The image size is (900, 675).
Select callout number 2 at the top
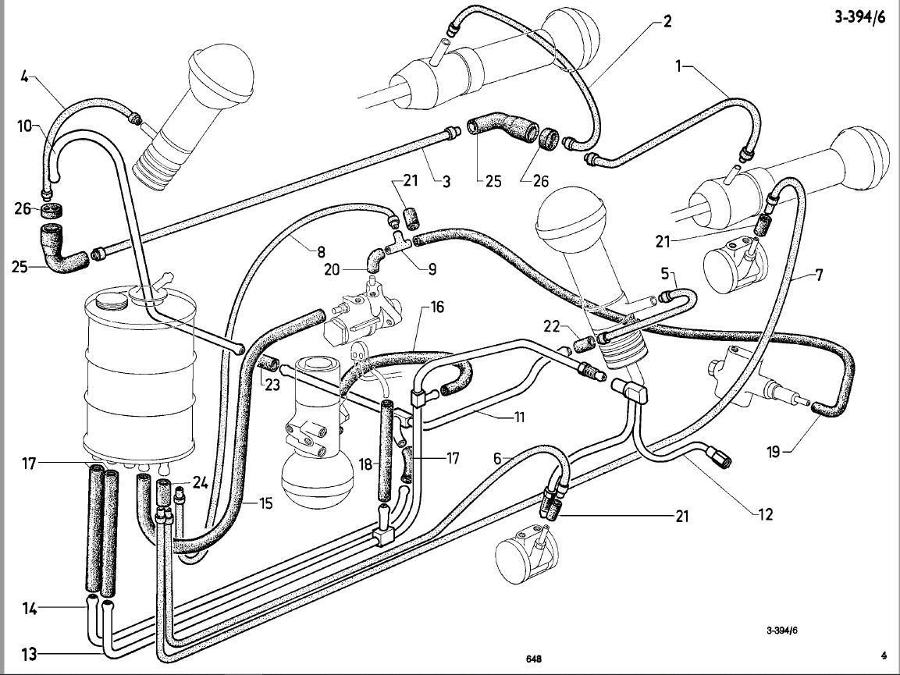[667, 20]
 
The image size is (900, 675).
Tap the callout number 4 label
[24, 76]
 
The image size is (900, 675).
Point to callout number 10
[23, 125]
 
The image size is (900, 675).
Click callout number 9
[431, 269]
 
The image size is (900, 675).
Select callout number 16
[436, 307]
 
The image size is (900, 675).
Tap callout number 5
[665, 275]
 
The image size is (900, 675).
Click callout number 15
[266, 504]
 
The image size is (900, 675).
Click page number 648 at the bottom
[534, 659]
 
